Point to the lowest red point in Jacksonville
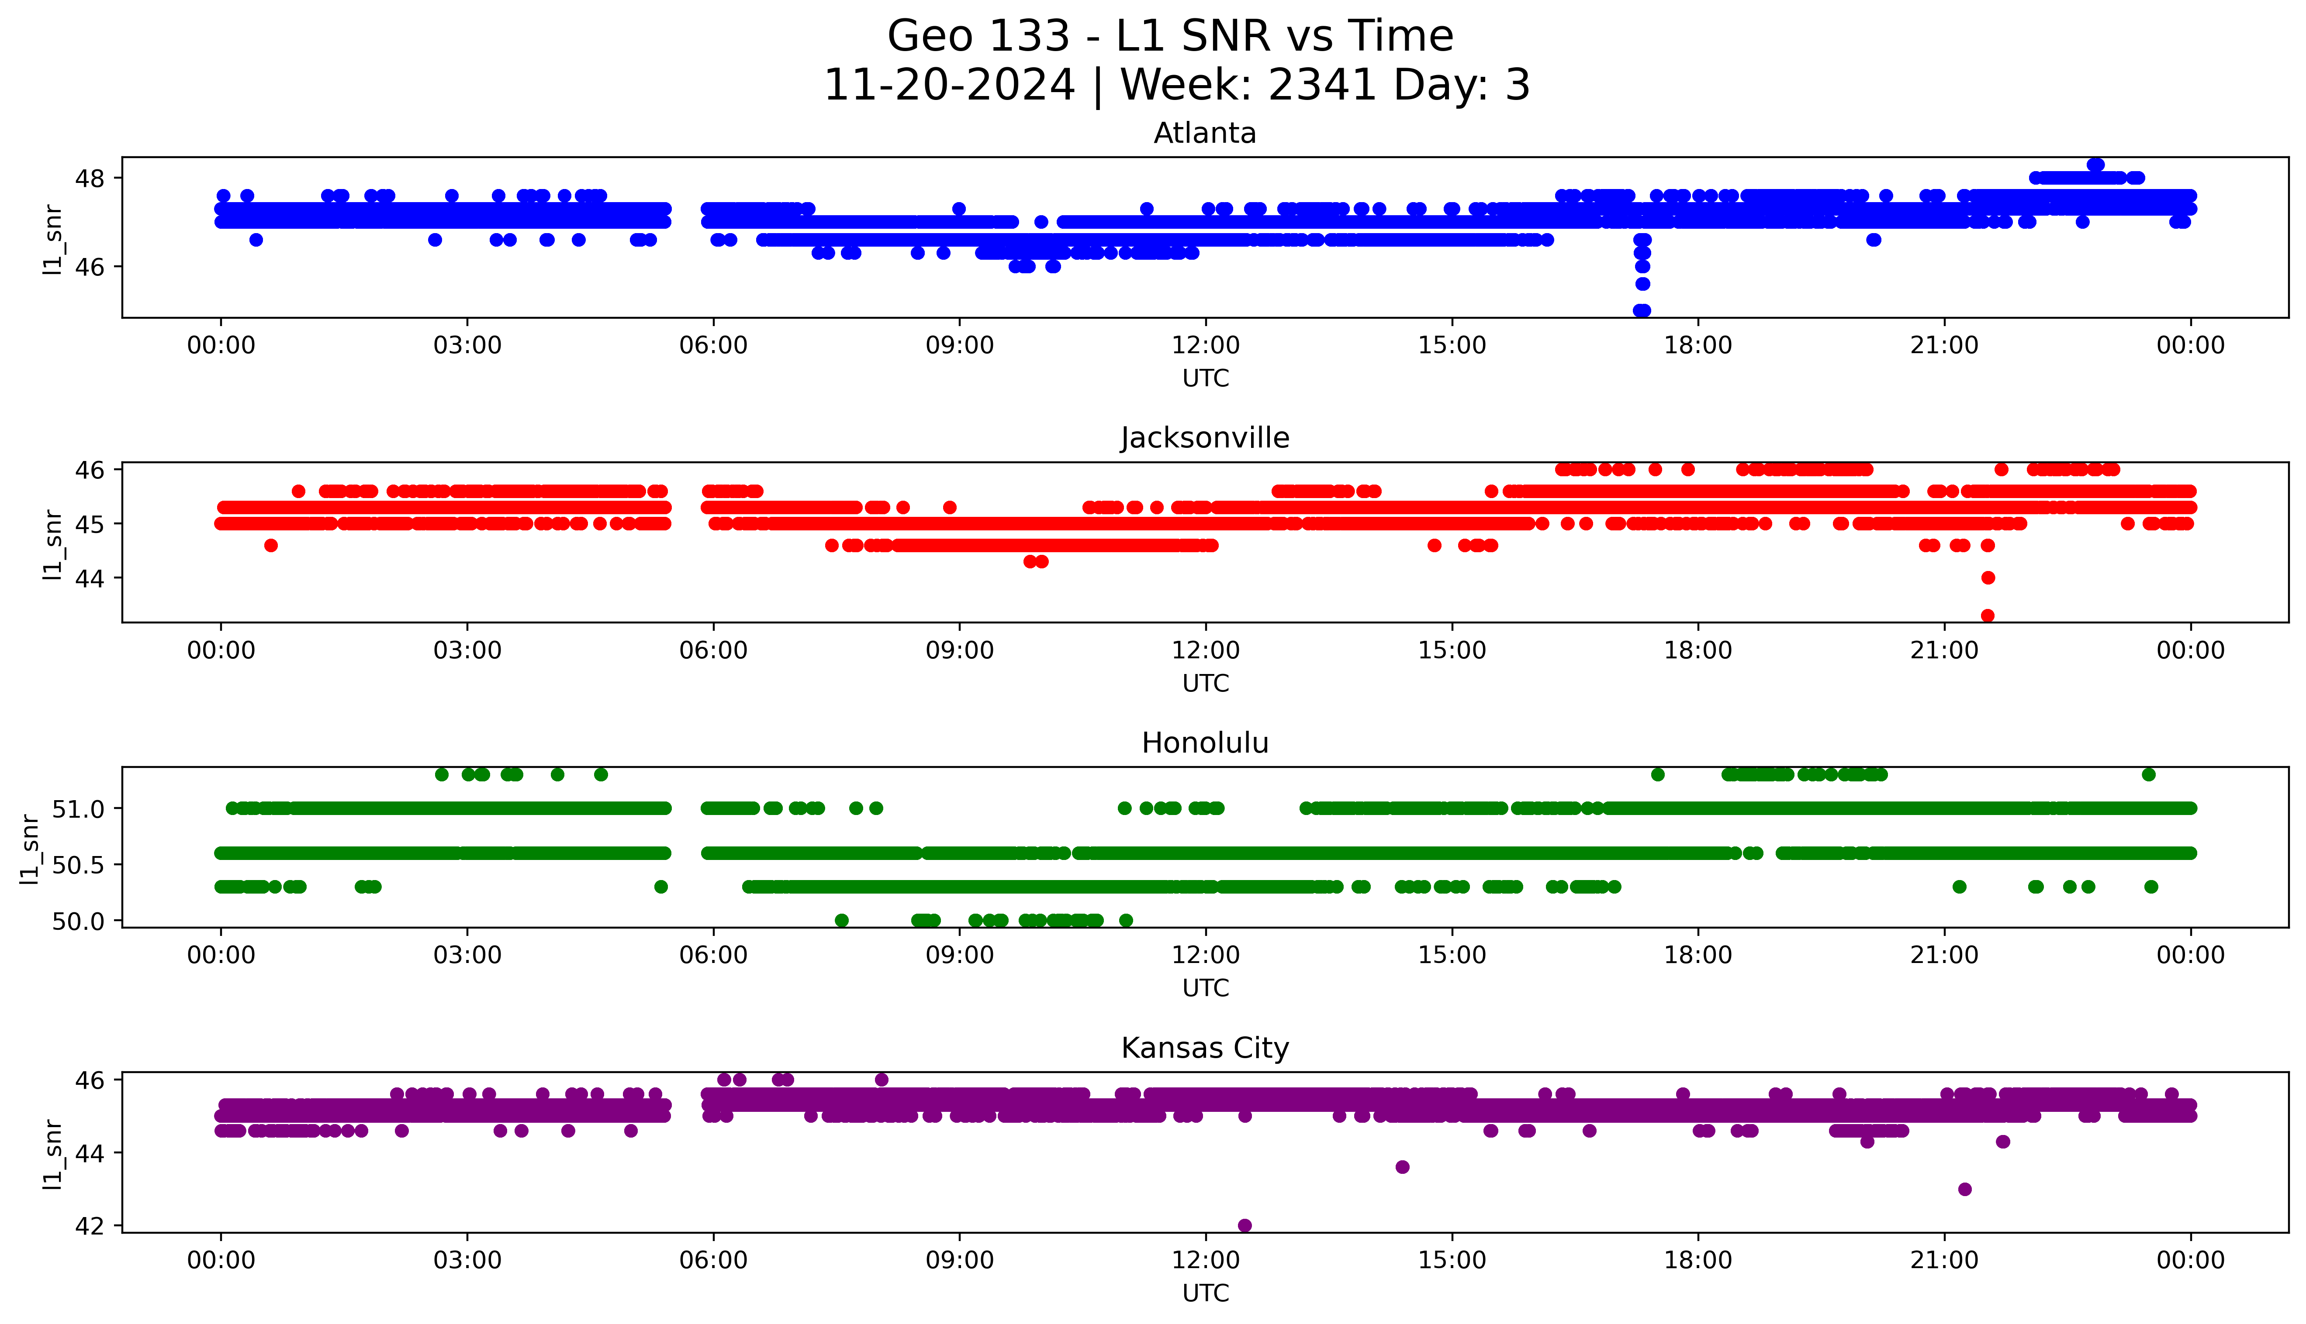tap(1988, 616)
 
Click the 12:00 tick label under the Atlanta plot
tap(1205, 346)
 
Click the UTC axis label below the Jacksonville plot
tap(1205, 684)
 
